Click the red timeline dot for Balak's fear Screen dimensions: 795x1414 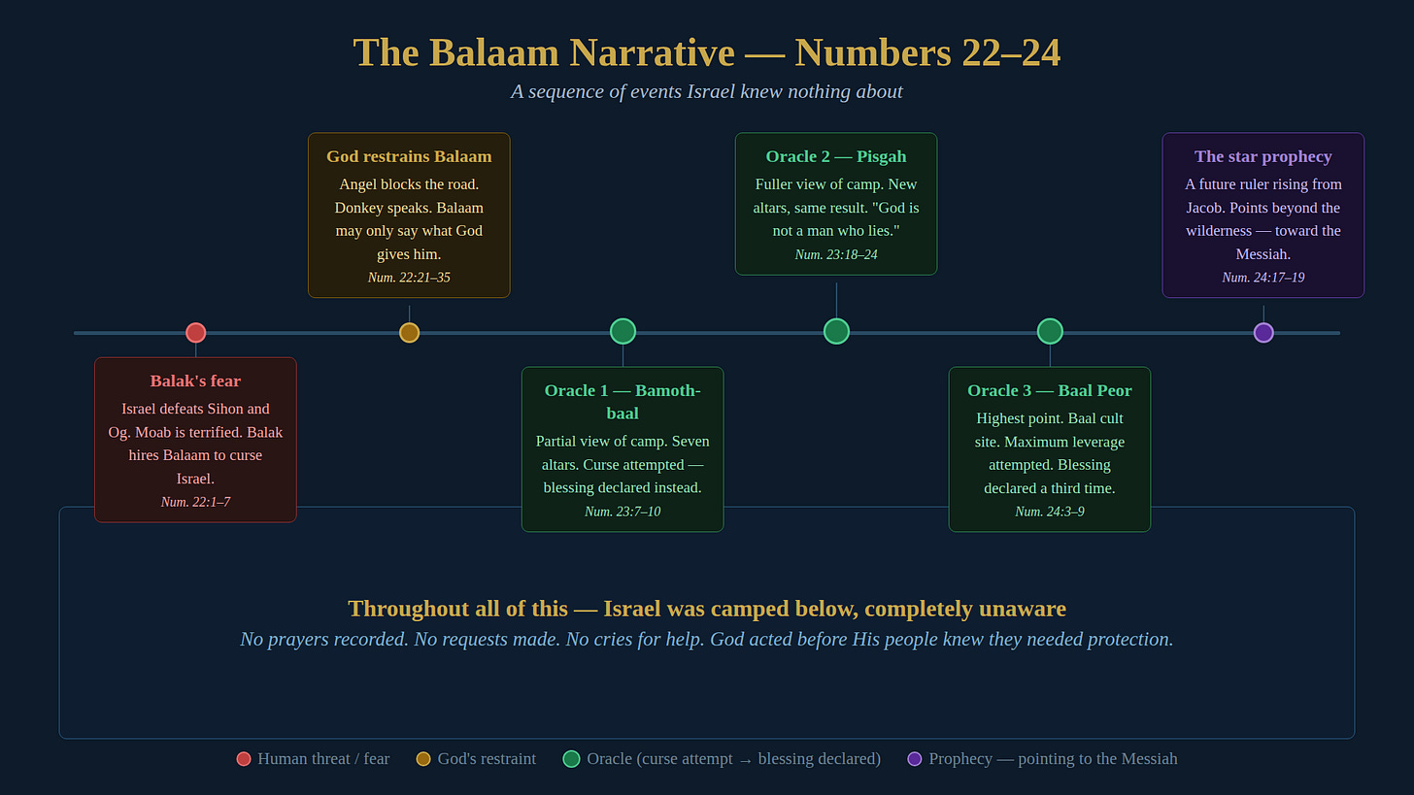click(195, 333)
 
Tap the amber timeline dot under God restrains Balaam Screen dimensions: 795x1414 click(409, 333)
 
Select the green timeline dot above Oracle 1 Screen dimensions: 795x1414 click(623, 331)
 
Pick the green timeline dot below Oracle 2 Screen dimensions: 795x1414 click(836, 331)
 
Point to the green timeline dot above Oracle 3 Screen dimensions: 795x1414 click(1050, 331)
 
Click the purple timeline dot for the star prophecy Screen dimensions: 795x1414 click(1263, 333)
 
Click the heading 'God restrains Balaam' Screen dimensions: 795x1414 click(409, 156)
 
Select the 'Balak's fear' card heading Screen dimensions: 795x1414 click(195, 381)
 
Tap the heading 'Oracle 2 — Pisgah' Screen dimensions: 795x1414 click(836, 156)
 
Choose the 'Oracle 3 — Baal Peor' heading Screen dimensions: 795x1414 click(1050, 390)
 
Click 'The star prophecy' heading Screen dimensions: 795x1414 click(1263, 156)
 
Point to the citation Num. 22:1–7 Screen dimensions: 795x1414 click(195, 502)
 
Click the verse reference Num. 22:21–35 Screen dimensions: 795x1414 click(409, 278)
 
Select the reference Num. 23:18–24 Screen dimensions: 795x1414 click(836, 254)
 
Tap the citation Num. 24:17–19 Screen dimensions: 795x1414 click(1263, 278)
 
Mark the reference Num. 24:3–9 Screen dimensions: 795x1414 click(1050, 512)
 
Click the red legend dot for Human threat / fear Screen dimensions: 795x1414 click(244, 759)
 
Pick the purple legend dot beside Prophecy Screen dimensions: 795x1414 click(914, 759)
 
